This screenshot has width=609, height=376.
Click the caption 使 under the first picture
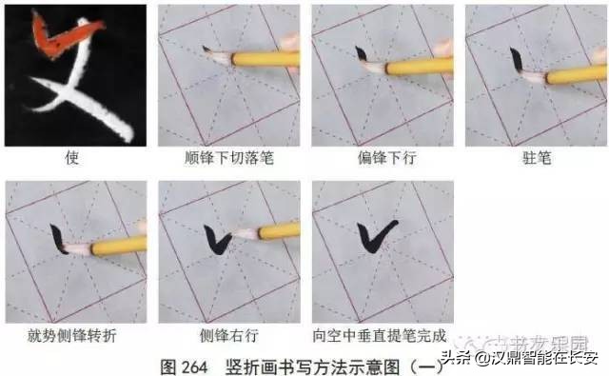click(73, 157)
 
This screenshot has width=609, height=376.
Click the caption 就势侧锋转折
click(73, 335)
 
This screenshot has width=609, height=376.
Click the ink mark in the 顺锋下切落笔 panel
click(206, 49)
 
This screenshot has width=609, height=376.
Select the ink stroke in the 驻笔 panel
click(515, 61)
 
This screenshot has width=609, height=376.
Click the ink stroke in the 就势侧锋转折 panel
click(59, 238)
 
